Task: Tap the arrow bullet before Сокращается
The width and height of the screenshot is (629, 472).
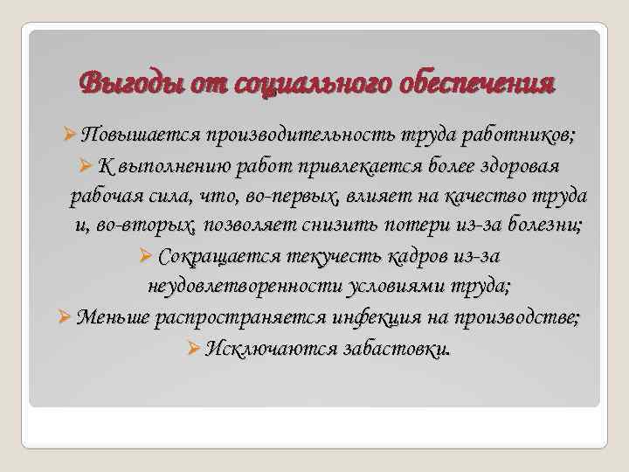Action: tap(147, 256)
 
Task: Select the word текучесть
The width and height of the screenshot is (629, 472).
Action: tap(319, 256)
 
